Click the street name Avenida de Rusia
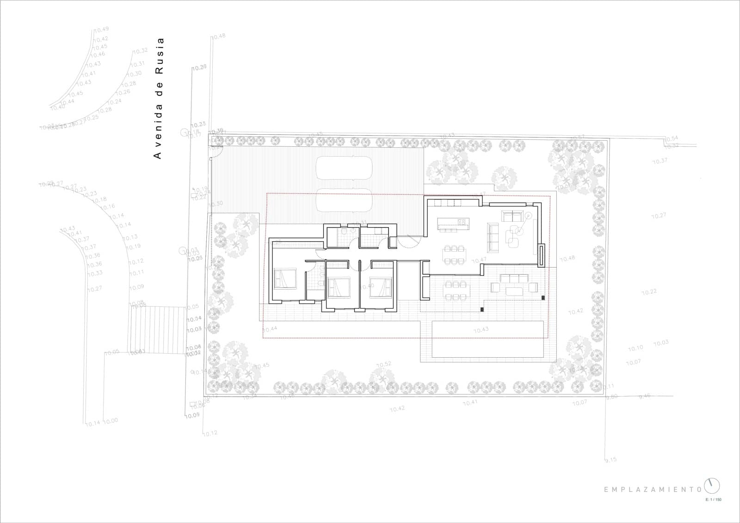pyautogui.click(x=158, y=98)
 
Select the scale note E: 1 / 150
pyautogui.click(x=713, y=500)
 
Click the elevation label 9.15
pyautogui.click(x=610, y=460)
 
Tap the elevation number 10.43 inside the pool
pyautogui.click(x=481, y=330)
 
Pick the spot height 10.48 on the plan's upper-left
pyautogui.click(x=218, y=36)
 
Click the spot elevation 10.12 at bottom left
pyautogui.click(x=210, y=433)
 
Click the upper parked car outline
pyautogui.click(x=343, y=167)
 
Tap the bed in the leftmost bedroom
pyautogui.click(x=285, y=279)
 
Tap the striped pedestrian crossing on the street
pyautogui.click(x=157, y=329)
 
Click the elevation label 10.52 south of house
pyautogui.click(x=383, y=364)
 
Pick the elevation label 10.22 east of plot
pyautogui.click(x=649, y=292)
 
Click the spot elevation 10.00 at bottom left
pyautogui.click(x=111, y=421)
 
